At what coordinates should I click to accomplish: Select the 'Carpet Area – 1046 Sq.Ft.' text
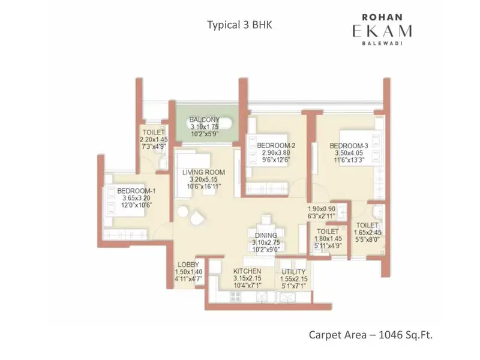(370, 334)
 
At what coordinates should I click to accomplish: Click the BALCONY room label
(204, 119)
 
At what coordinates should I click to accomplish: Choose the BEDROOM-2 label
(276, 146)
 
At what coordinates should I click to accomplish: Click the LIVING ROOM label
(203, 173)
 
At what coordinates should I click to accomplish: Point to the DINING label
(265, 235)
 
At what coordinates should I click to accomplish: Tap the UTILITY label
(293, 272)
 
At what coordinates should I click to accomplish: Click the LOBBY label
(188, 265)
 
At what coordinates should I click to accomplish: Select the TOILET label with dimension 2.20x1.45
(153, 132)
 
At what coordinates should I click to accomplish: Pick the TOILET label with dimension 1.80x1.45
(328, 231)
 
